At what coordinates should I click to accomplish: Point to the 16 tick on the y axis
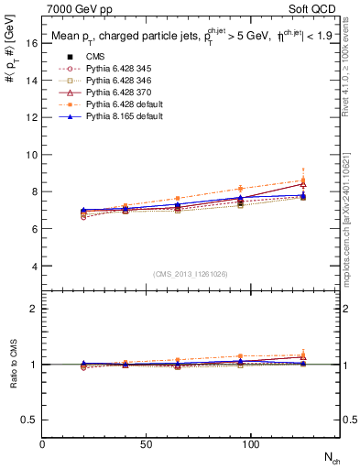click(x=32, y=43)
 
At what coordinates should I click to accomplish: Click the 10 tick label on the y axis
click(x=32, y=155)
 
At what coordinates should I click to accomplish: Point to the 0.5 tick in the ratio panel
click(x=29, y=420)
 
